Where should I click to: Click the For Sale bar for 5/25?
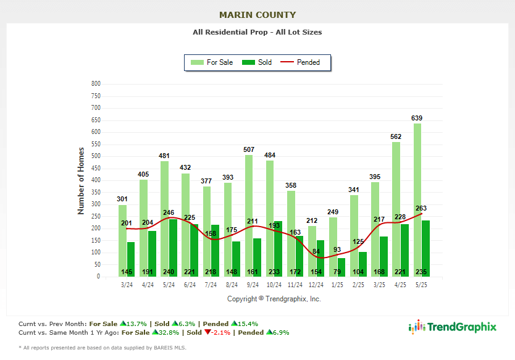[417, 198]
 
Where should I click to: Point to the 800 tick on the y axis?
[96, 83]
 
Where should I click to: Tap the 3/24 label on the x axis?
[126, 285]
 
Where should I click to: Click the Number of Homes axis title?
[81, 180]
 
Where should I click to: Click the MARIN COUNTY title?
[257, 15]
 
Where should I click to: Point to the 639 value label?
[417, 118]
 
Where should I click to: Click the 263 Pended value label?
[421, 208]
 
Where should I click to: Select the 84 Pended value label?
[316, 251]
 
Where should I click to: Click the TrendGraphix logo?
[453, 327]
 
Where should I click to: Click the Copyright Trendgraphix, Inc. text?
[274, 299]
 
